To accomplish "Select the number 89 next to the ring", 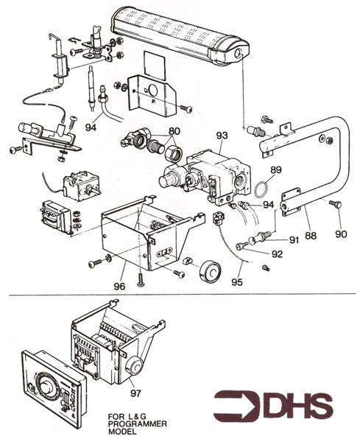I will [x=275, y=169].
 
